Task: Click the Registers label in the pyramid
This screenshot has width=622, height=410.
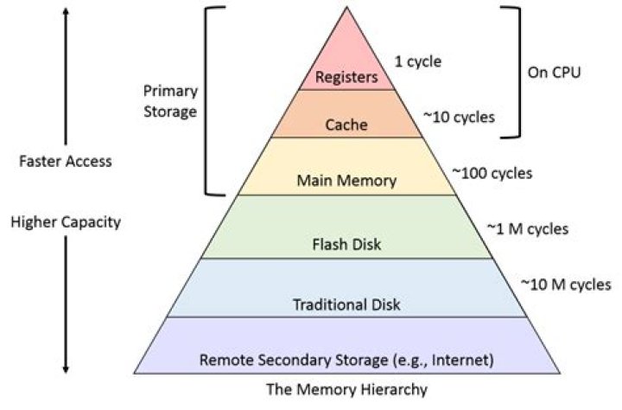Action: pos(347,76)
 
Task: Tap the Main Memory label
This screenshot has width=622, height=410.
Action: pos(346,181)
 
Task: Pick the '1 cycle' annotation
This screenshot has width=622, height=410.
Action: pos(417,61)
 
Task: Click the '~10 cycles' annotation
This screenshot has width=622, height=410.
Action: pos(460,116)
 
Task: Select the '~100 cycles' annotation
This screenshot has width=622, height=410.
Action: pos(492,173)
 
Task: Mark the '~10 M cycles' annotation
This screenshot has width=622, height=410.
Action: pos(565,284)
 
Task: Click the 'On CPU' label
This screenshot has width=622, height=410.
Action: pos(553,72)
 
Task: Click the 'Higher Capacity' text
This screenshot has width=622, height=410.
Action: pos(65,222)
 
